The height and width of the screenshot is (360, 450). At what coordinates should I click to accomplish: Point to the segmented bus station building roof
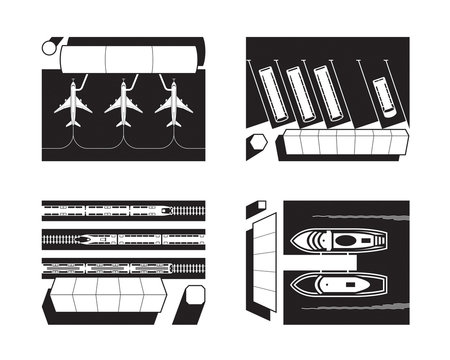[x=340, y=145]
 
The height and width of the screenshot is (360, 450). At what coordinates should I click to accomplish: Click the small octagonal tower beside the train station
[x=194, y=297]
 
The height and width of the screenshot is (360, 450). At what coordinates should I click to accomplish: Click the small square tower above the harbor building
[x=258, y=207]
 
